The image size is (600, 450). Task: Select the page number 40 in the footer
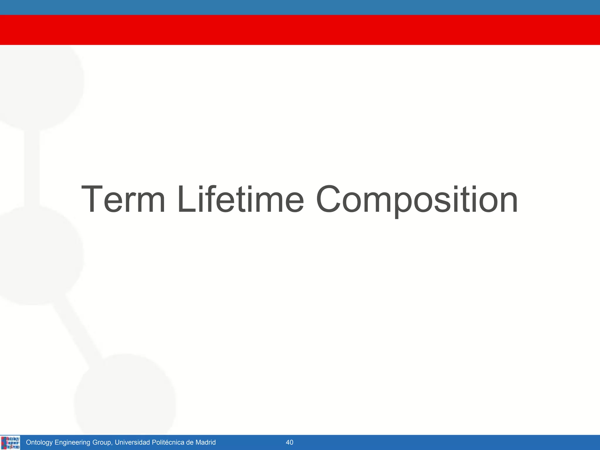pyautogui.click(x=289, y=442)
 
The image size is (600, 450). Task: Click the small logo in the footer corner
pyautogui.click(x=11, y=442)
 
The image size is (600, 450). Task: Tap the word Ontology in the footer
pyautogui.click(x=39, y=442)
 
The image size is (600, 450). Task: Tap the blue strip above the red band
pyautogui.click(x=300, y=7)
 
